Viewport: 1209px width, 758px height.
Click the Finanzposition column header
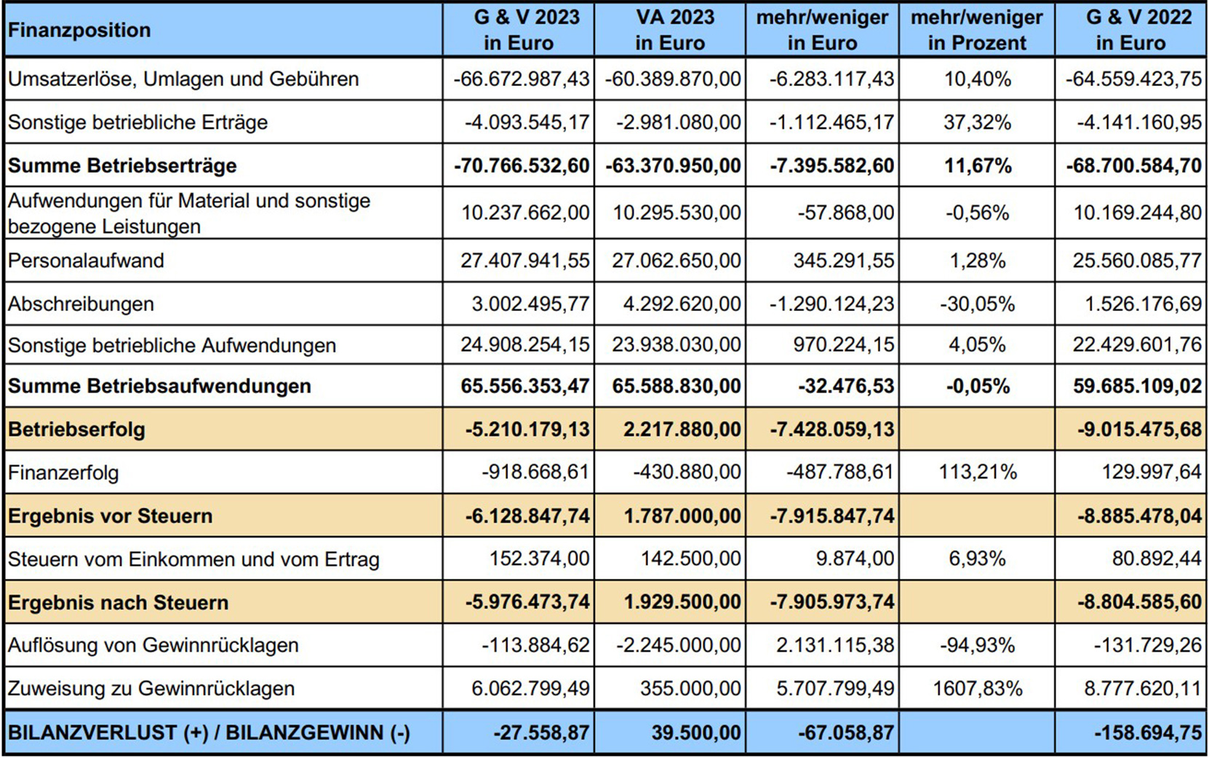(x=79, y=31)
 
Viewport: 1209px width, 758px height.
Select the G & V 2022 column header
(x=1130, y=30)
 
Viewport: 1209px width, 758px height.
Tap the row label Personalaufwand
(x=86, y=261)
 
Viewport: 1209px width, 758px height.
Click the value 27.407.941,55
(x=524, y=261)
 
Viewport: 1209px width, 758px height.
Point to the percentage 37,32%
(x=977, y=122)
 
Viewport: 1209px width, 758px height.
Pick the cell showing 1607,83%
(x=977, y=689)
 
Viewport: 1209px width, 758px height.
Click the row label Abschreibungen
(x=81, y=304)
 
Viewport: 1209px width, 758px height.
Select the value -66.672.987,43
(x=521, y=79)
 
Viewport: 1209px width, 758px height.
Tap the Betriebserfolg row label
(x=76, y=430)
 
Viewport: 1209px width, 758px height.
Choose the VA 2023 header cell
(x=669, y=30)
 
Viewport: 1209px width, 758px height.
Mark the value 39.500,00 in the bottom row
(x=695, y=733)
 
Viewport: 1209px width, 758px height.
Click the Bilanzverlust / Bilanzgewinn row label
(x=209, y=733)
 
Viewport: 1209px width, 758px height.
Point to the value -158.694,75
(x=1147, y=733)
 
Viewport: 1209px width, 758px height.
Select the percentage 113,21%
(x=977, y=473)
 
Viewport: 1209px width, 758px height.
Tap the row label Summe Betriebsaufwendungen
(x=159, y=386)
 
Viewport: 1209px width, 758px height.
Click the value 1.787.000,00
(x=682, y=516)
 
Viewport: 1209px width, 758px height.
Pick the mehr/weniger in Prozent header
(x=976, y=30)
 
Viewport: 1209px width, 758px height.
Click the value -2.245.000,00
(x=678, y=646)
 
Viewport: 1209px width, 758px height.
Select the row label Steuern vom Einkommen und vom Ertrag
(x=193, y=560)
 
